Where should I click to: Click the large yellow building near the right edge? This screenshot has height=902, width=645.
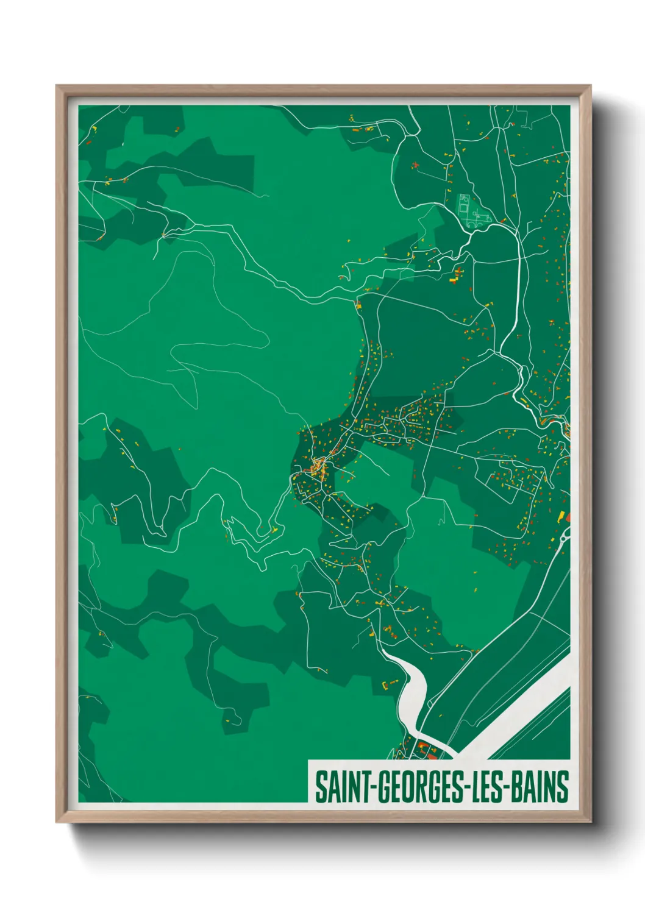click(x=561, y=516)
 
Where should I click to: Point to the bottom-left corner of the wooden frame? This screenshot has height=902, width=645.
click(x=57, y=822)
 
